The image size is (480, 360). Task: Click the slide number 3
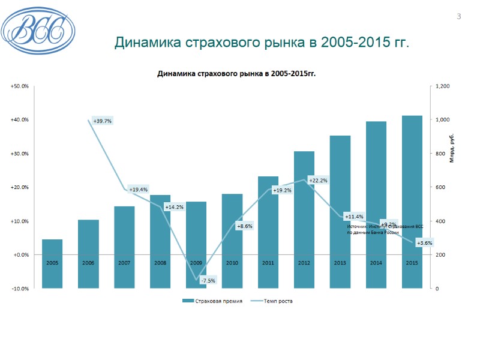pyautogui.click(x=459, y=16)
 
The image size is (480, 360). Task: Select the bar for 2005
pyautogui.click(x=52, y=264)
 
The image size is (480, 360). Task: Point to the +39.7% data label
pyautogui.click(x=103, y=121)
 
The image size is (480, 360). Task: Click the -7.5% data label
pyautogui.click(x=208, y=280)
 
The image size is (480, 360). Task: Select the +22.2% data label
pyautogui.click(x=318, y=180)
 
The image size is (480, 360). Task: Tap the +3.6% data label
pyautogui.click(x=424, y=243)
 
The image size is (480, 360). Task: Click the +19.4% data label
pyautogui.click(x=138, y=189)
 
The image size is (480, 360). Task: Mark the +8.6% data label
pyautogui.click(x=244, y=226)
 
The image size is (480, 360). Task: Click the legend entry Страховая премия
pyautogui.click(x=213, y=301)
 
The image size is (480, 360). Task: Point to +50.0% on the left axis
pyautogui.click(x=19, y=86)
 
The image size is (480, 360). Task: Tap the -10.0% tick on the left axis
pyautogui.click(x=19, y=289)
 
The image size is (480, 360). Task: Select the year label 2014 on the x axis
pyautogui.click(x=376, y=263)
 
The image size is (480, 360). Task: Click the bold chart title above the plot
pyautogui.click(x=236, y=74)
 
